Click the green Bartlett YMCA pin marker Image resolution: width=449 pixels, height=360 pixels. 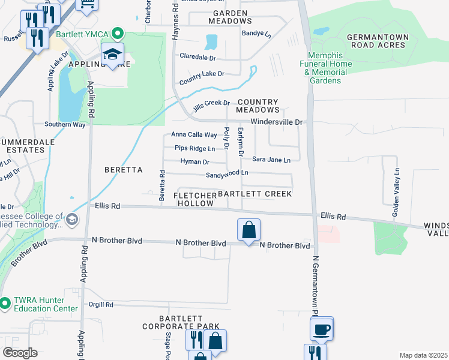pos(118,34)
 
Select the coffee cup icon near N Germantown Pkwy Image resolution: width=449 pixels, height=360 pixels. pos(321,329)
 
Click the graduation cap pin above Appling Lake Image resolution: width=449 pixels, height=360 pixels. pos(112,55)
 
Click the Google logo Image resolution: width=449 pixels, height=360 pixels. pos(20,353)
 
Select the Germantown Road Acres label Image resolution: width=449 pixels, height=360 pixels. pos(378,41)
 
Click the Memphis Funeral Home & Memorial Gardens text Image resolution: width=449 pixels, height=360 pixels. pos(326,72)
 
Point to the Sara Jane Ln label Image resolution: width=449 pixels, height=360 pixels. pos(271,160)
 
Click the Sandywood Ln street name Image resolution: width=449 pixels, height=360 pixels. pos(227,174)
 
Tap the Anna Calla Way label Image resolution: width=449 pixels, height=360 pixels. pos(194,135)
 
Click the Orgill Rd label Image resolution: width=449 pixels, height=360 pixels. pos(101,305)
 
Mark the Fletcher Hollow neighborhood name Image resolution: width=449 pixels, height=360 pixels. pos(195,200)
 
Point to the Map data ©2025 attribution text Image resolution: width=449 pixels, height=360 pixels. pos(423,355)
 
